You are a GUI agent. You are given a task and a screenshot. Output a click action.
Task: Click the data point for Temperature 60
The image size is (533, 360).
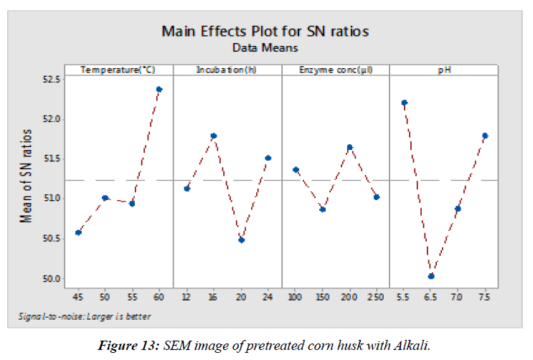point(159,90)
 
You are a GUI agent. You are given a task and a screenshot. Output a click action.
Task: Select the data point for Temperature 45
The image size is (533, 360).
point(78,232)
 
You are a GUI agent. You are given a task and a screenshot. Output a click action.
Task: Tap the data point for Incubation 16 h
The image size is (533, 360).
point(214,136)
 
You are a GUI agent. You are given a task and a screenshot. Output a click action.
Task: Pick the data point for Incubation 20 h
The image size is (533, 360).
point(241,240)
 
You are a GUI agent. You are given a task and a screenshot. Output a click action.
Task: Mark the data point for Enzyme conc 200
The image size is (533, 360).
point(349,148)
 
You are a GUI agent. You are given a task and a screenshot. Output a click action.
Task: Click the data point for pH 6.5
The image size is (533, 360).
point(431,276)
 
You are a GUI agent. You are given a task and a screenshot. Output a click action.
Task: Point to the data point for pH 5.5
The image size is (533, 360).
point(404,103)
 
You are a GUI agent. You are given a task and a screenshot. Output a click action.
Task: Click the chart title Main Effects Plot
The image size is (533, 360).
point(265,32)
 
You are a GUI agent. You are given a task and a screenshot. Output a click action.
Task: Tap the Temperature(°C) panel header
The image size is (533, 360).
point(118,70)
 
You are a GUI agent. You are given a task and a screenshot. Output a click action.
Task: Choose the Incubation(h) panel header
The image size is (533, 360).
point(227,70)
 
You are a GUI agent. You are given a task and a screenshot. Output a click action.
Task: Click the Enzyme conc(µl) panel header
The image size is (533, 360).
point(336,70)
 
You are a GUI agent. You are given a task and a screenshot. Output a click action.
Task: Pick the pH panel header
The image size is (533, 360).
point(445,70)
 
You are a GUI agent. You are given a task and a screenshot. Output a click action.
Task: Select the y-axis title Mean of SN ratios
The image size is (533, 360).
point(28,176)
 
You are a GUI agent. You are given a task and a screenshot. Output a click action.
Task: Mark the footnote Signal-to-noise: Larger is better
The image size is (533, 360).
point(85,316)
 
